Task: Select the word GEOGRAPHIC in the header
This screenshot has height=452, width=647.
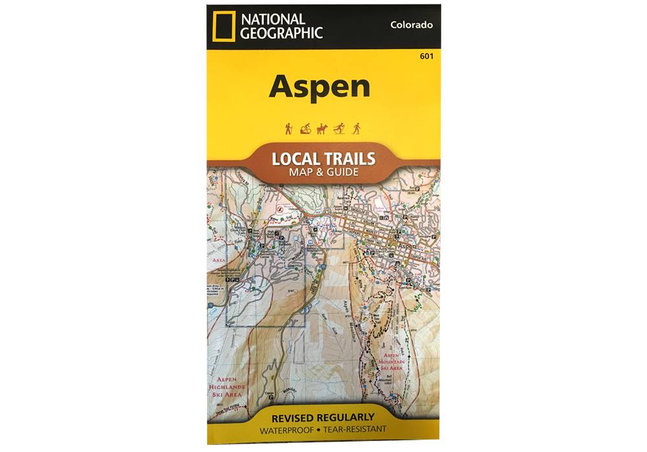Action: pyautogui.click(x=281, y=33)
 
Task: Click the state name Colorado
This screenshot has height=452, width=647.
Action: pyautogui.click(x=411, y=25)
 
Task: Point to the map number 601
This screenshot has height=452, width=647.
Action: pyautogui.click(x=426, y=56)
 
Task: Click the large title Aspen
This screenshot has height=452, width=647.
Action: pyautogui.click(x=320, y=86)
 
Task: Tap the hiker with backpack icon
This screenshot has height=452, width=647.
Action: pyautogui.click(x=289, y=129)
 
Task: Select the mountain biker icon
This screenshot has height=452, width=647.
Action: pyautogui.click(x=305, y=129)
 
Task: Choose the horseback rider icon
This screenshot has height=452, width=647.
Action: pyautogui.click(x=322, y=129)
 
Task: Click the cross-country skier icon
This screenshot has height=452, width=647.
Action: pyautogui.click(x=339, y=129)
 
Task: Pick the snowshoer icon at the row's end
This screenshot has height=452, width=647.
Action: pyautogui.click(x=356, y=129)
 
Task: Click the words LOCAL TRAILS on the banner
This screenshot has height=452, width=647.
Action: pyautogui.click(x=323, y=159)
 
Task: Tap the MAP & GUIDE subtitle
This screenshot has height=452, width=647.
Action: pyautogui.click(x=323, y=173)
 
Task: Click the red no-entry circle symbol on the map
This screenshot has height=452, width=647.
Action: pyautogui.click(x=280, y=210)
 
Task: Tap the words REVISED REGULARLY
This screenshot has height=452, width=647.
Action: pyautogui.click(x=323, y=417)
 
